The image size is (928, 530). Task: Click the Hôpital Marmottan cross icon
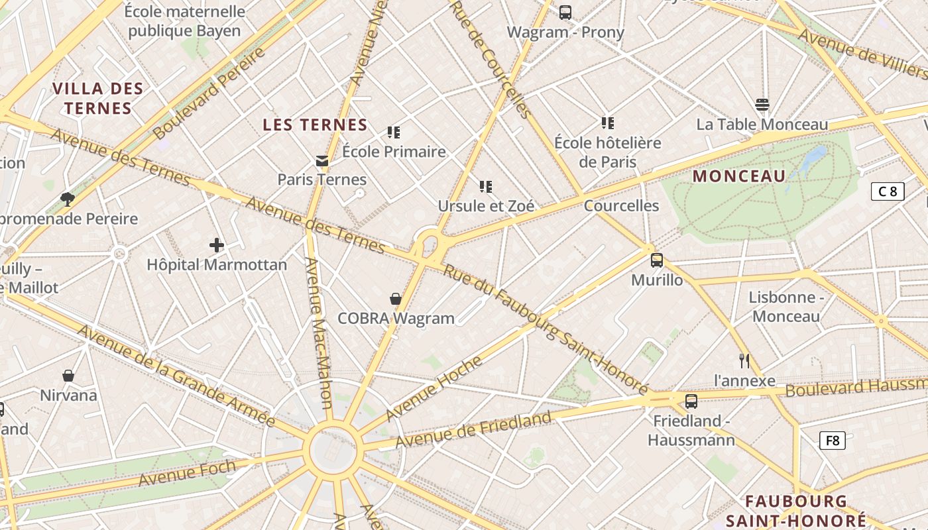[217, 246]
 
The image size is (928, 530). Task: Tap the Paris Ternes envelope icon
[322, 161]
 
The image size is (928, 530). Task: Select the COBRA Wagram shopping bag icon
[396, 299]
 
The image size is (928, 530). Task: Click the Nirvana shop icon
[68, 376]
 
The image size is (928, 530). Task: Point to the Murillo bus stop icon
[657, 260]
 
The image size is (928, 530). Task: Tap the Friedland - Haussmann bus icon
[691, 401]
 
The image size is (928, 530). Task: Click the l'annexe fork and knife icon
[744, 361]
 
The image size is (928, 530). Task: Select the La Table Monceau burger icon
[762, 105]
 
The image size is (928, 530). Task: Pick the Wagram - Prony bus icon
[565, 12]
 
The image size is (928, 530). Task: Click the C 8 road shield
[888, 192]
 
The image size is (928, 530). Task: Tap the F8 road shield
[833, 441]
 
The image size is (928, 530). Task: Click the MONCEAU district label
[739, 176]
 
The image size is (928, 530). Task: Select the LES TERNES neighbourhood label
[315, 125]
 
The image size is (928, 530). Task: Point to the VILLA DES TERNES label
[98, 98]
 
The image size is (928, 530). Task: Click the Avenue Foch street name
[187, 472]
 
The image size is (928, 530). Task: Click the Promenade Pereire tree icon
[68, 199]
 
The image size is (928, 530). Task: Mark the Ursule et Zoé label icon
[486, 187]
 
